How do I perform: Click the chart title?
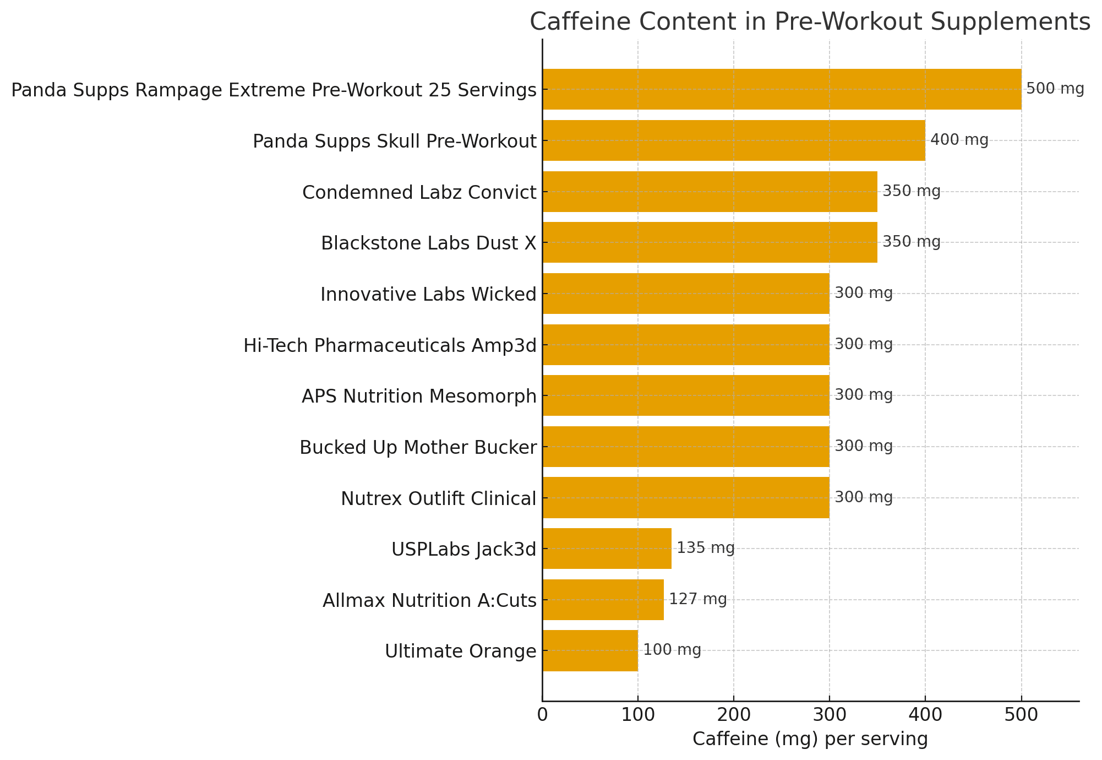(x=810, y=23)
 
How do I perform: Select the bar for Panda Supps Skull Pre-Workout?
(x=734, y=140)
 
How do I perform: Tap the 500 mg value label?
(x=1055, y=89)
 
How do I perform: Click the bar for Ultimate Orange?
(x=590, y=650)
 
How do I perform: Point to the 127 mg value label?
(x=698, y=599)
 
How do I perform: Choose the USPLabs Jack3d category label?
(x=463, y=549)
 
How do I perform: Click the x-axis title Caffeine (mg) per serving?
(x=810, y=739)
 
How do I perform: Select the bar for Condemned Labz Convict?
(x=710, y=192)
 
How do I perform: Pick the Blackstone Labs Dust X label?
(x=428, y=243)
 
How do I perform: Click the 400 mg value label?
(x=959, y=140)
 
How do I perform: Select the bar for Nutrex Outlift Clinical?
(x=686, y=497)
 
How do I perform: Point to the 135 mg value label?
(x=706, y=548)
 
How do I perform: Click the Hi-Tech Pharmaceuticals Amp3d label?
(x=390, y=345)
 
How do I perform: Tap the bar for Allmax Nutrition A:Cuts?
(x=603, y=599)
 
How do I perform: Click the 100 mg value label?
(x=672, y=650)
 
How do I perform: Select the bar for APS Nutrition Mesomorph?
(x=686, y=395)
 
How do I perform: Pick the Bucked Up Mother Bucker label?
(x=418, y=447)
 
